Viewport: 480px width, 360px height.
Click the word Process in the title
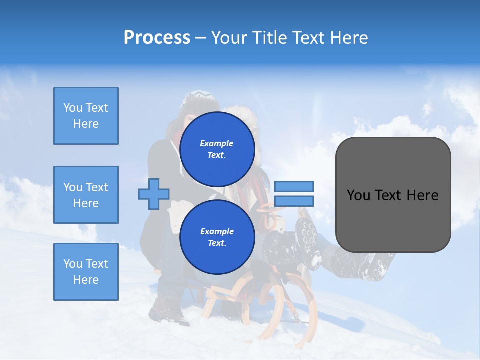click(x=157, y=38)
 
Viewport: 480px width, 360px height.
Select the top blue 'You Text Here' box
click(x=86, y=116)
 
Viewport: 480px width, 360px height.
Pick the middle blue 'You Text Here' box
click(x=86, y=195)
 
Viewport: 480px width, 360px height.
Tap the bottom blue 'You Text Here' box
click(x=86, y=271)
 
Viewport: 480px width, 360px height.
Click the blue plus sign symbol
click(x=154, y=194)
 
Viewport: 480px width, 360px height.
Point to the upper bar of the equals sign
click(x=294, y=186)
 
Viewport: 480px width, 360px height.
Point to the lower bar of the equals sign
click(x=294, y=201)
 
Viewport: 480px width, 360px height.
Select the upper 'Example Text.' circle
click(x=217, y=149)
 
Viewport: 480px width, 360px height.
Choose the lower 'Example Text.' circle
click(x=217, y=237)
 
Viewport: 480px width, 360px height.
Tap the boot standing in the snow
click(x=167, y=310)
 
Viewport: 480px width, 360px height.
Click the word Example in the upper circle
click(x=217, y=143)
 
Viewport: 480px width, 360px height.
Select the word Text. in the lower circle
click(x=217, y=243)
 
